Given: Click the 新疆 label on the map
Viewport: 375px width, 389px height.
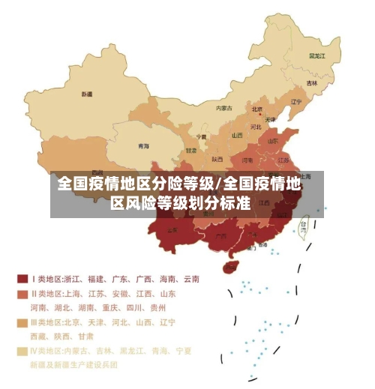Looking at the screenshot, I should (x=87, y=94).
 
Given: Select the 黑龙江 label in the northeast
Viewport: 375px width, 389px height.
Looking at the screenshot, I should (x=316, y=55).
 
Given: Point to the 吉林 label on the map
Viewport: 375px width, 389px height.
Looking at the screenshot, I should (x=312, y=82).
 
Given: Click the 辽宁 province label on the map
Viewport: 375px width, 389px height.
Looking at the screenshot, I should (x=295, y=102).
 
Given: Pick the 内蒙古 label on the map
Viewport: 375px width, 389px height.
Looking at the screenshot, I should (x=223, y=109).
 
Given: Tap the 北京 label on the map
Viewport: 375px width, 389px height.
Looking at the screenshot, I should (x=256, y=110).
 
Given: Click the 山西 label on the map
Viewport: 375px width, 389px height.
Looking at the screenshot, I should (x=237, y=136).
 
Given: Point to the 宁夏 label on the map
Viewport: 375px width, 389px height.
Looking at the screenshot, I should (x=201, y=137).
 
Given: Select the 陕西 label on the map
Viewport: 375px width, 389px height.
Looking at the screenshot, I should (x=217, y=159).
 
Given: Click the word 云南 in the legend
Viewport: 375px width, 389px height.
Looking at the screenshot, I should (x=191, y=279).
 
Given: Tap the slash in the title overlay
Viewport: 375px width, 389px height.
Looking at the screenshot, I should (x=217, y=184).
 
